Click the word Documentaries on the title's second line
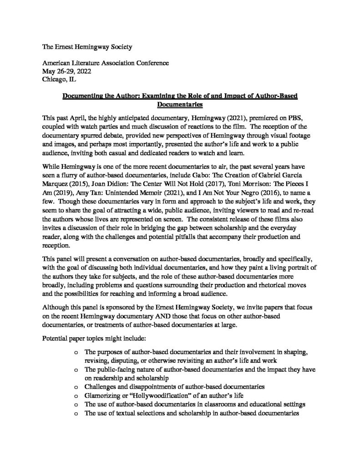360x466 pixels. pos(179,105)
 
